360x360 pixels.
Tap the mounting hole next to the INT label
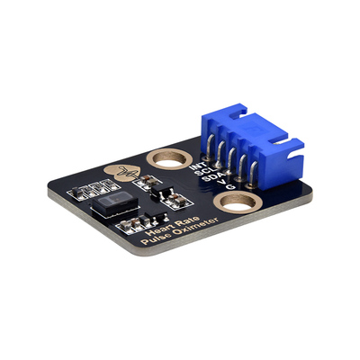(x=166, y=161)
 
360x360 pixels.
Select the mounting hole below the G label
(x=235, y=208)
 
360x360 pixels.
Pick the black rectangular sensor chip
(x=112, y=206)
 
